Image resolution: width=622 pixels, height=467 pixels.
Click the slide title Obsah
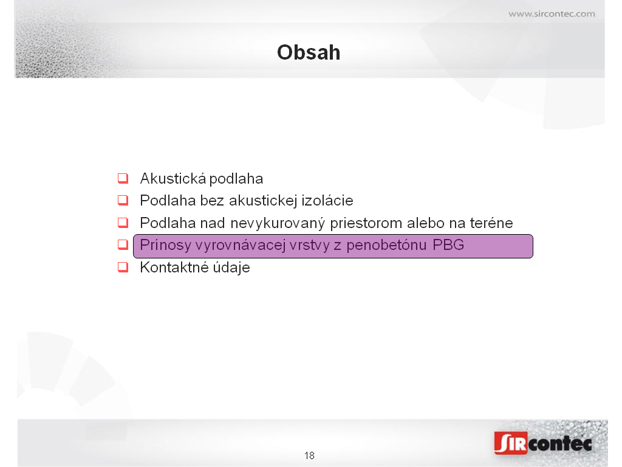click(309, 52)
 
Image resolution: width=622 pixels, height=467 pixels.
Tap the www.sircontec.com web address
click(552, 14)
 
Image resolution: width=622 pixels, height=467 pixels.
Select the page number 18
click(309, 455)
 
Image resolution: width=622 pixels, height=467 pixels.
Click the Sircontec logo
click(543, 443)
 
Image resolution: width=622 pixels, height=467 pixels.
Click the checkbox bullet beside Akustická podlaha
click(123, 178)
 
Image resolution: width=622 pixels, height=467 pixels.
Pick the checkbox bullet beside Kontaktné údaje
click(123, 267)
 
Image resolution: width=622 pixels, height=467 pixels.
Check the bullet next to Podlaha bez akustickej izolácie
click(123, 200)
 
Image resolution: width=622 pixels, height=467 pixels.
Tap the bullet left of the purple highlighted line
click(123, 244)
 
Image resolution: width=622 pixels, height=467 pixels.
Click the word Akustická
click(173, 178)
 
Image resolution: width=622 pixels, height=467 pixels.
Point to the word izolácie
click(327, 201)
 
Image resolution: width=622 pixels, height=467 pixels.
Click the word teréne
click(491, 223)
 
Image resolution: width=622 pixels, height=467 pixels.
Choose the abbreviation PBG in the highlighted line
click(448, 245)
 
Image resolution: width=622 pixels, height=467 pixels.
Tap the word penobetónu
click(386, 246)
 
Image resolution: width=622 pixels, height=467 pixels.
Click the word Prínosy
click(166, 246)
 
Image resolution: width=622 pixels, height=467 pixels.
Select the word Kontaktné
click(174, 268)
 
